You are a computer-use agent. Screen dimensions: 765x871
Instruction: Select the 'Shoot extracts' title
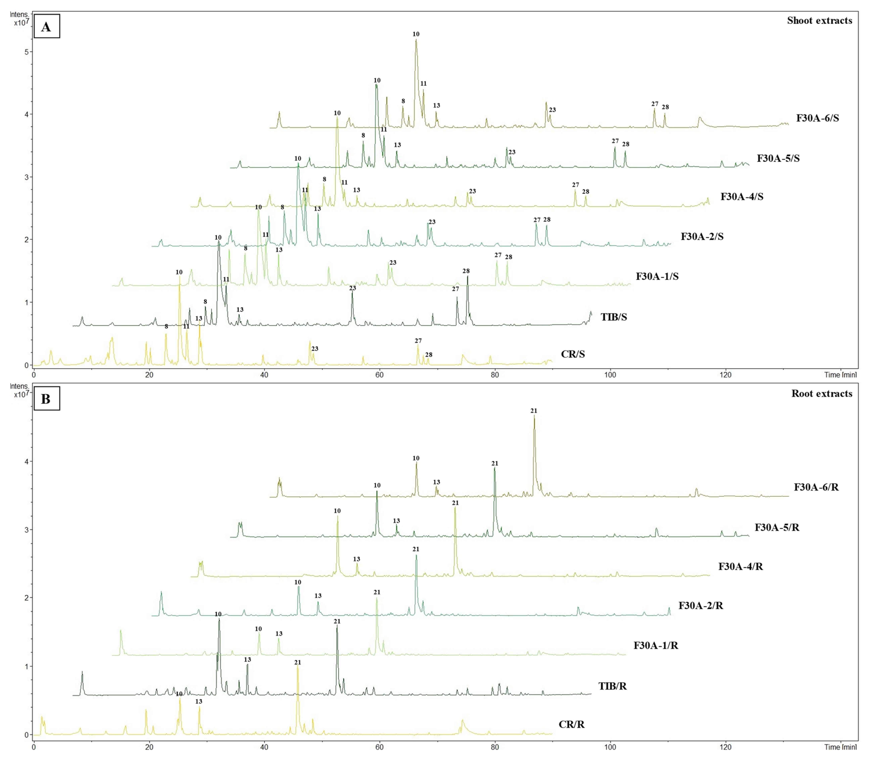pyautogui.click(x=819, y=21)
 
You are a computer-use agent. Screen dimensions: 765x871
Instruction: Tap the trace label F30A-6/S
pyautogui.click(x=817, y=118)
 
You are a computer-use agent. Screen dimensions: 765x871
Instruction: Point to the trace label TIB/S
pyautogui.click(x=614, y=317)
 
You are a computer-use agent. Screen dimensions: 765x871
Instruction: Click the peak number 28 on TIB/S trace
pyautogui.click(x=466, y=271)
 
